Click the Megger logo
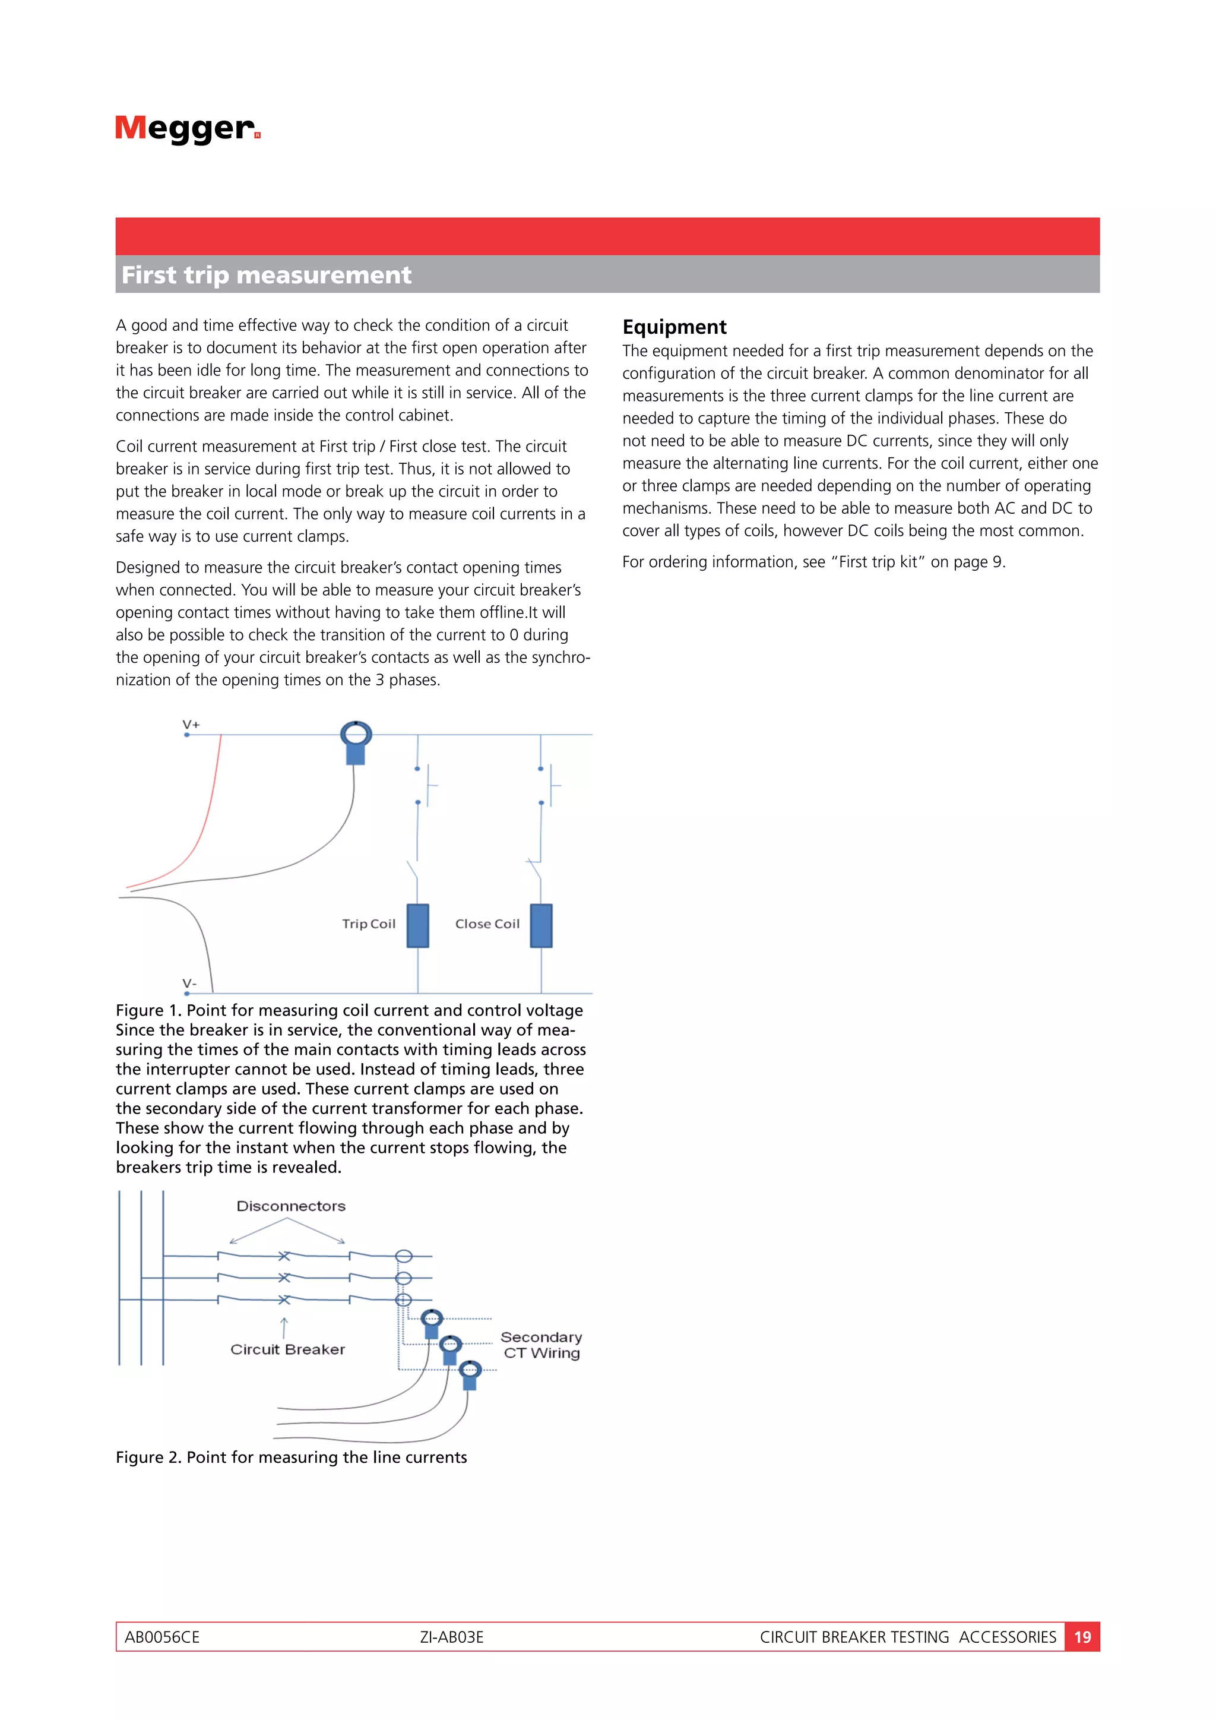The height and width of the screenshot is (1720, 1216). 187,129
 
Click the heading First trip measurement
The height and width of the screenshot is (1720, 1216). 266,275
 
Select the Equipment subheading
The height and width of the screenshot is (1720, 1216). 674,327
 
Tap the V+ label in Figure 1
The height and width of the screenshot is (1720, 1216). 191,725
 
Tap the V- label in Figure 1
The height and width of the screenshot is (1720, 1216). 189,983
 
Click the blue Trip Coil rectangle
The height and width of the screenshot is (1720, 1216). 418,925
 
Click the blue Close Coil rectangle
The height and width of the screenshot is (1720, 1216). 541,925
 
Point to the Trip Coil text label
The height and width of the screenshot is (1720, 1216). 368,924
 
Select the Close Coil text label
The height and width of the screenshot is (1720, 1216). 487,924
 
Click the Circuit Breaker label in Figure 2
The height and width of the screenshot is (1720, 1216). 287,1349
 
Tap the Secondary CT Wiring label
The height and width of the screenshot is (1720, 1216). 541,1345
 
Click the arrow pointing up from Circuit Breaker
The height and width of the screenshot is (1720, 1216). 284,1327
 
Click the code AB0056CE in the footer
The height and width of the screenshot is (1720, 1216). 161,1637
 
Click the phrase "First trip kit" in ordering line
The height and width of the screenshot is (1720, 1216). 878,562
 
